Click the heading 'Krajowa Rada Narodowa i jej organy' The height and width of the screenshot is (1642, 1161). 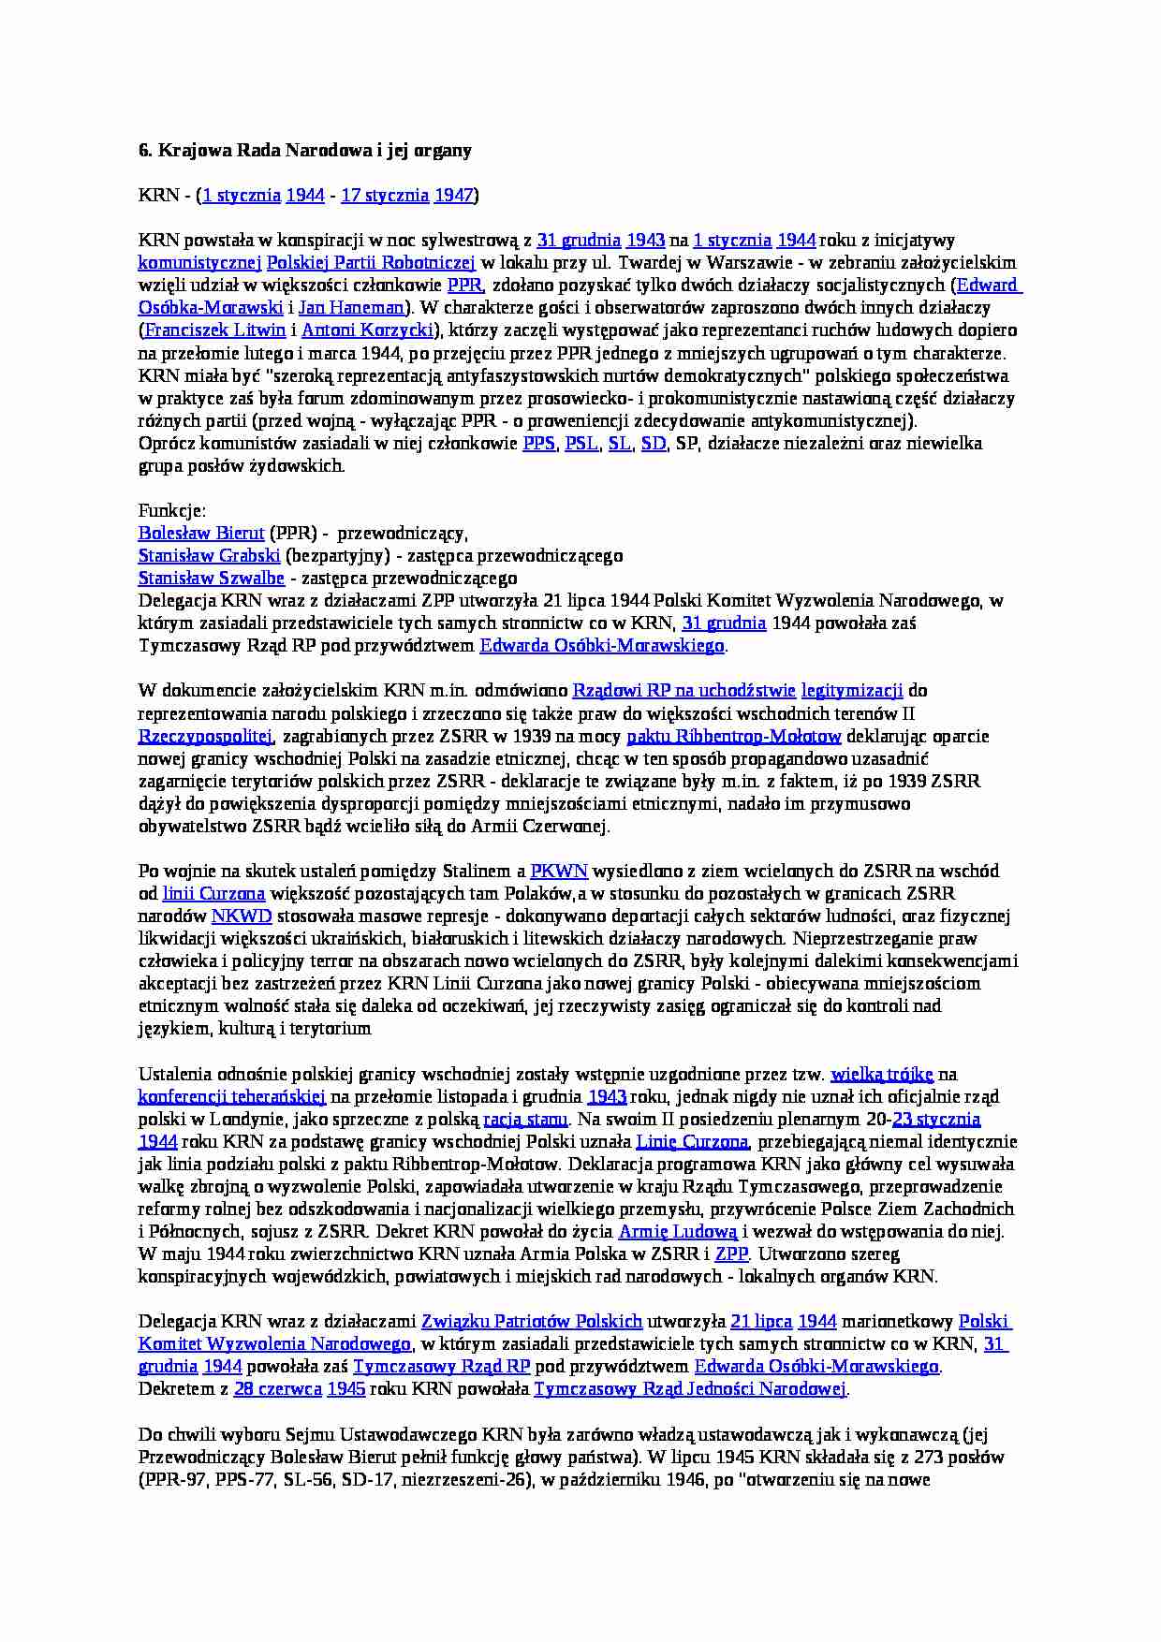(315, 151)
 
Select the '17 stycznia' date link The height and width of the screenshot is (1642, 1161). (385, 196)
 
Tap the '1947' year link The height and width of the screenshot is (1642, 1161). (454, 196)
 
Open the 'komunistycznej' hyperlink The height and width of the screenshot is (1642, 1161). (199, 263)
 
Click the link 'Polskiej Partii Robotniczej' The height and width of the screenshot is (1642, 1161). (371, 263)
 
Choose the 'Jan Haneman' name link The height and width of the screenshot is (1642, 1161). (352, 308)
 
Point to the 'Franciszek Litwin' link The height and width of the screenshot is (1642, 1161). (215, 330)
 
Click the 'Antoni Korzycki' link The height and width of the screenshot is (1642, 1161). (368, 330)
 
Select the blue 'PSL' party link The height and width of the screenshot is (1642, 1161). (581, 444)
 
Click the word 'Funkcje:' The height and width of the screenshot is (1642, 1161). (172, 511)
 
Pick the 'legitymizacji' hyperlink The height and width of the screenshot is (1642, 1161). (852, 691)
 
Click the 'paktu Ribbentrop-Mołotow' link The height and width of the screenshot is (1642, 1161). (734, 737)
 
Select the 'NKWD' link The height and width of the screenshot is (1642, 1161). (242, 916)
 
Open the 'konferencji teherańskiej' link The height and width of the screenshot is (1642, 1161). (232, 1097)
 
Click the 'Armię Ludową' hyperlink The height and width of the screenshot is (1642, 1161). (678, 1232)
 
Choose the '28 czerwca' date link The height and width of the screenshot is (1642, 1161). (278, 1389)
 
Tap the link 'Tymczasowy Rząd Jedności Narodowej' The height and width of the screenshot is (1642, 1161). (690, 1389)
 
